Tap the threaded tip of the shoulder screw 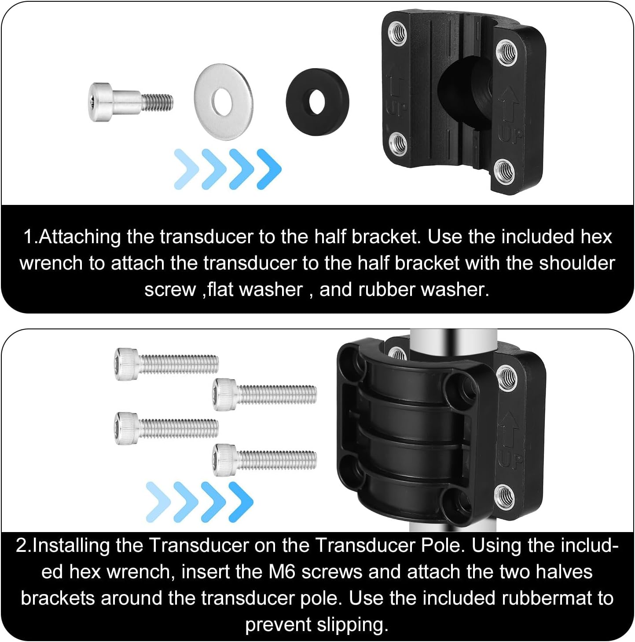point(158,102)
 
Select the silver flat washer point(224,102)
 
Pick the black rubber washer point(317,102)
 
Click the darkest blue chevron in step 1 point(269,169)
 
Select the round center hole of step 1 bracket point(462,92)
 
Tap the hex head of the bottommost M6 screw point(224,460)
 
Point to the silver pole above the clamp point(453,339)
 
